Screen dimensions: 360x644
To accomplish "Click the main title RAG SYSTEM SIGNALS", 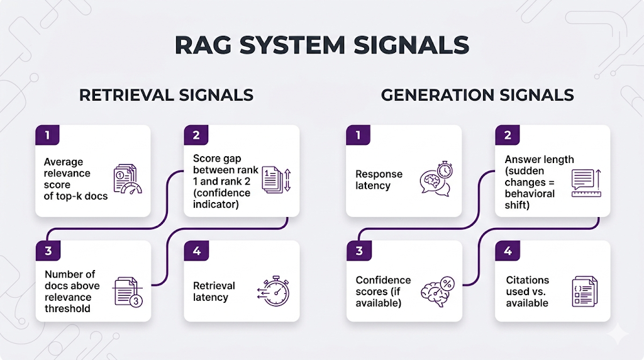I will (x=321, y=45).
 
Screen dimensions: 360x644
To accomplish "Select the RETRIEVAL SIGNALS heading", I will (x=166, y=95).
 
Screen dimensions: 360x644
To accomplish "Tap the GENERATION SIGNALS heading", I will (x=477, y=95).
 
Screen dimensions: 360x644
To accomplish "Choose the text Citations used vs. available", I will (x=527, y=291).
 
